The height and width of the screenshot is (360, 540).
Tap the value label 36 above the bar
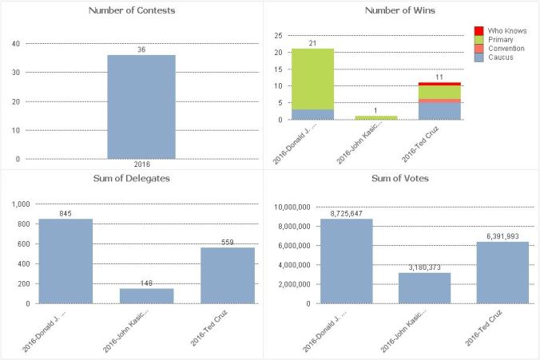(141, 49)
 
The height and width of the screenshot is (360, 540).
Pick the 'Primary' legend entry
(500, 39)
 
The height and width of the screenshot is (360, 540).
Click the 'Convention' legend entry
(506, 49)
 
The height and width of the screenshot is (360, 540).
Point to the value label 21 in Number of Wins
(312, 43)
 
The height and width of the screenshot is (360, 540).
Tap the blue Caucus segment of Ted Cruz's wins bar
(438, 111)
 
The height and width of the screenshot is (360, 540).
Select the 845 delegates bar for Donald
(66, 261)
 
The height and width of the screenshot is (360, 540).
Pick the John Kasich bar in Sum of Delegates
(146, 295)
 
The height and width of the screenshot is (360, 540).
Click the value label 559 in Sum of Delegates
(227, 242)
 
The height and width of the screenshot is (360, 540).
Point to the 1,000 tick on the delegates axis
(18, 204)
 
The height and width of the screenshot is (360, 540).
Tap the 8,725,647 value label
(346, 213)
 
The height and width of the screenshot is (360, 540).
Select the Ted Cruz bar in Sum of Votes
(503, 272)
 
